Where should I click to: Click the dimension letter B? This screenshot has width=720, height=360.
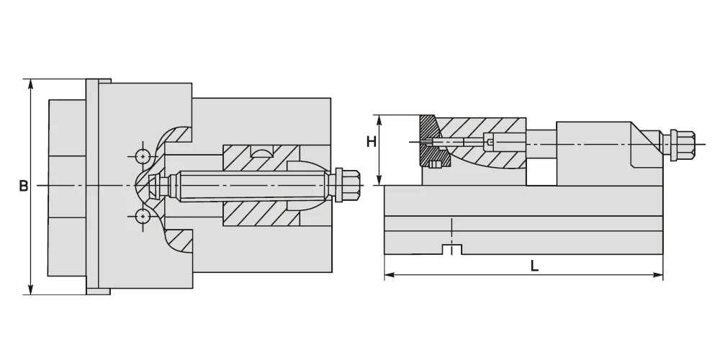pos(24,186)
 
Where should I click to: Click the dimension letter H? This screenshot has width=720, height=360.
pos(372,142)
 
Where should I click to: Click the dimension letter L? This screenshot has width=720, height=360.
pos(534,266)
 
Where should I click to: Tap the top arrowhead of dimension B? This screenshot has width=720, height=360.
pos(31,84)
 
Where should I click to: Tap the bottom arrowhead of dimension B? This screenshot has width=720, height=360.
pos(31,289)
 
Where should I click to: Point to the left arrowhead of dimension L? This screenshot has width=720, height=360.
pos(390,275)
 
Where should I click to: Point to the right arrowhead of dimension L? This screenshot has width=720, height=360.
pos(658,275)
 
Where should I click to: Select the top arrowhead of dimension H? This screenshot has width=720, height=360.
pos(379,120)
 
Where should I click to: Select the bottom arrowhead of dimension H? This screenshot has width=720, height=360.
pos(379,181)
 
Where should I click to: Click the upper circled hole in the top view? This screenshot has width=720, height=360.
pos(143,156)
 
